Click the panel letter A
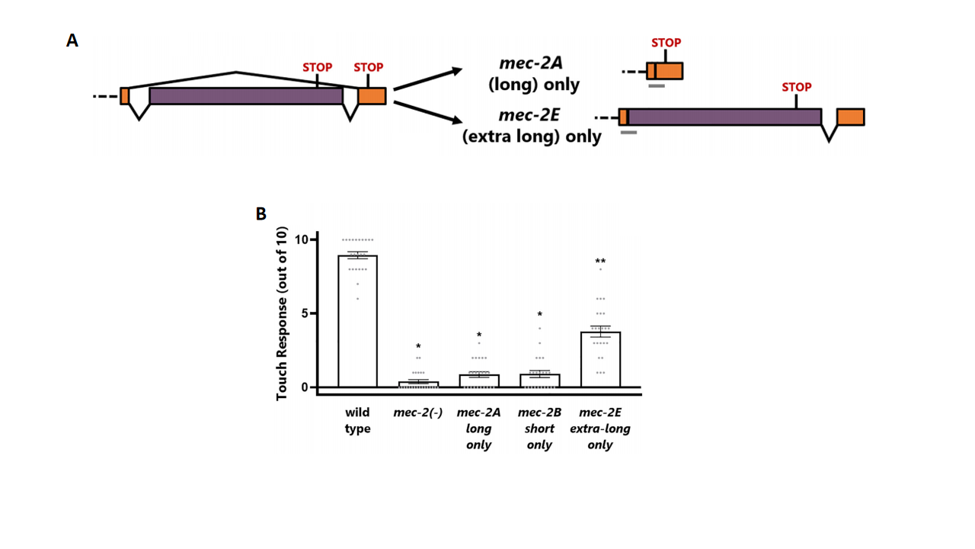(72, 40)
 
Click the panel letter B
(261, 214)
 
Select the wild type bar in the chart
(357, 321)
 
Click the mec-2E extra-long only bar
(601, 359)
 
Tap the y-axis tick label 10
(301, 239)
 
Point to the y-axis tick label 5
(305, 313)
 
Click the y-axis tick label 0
(305, 387)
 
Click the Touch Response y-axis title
(282, 313)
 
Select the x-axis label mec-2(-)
(418, 413)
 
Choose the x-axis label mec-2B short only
(540, 429)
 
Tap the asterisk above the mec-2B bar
(540, 315)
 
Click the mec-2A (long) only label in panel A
(534, 74)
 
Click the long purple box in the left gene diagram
(246, 96)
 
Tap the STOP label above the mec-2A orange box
(667, 43)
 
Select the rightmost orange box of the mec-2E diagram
(851, 117)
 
